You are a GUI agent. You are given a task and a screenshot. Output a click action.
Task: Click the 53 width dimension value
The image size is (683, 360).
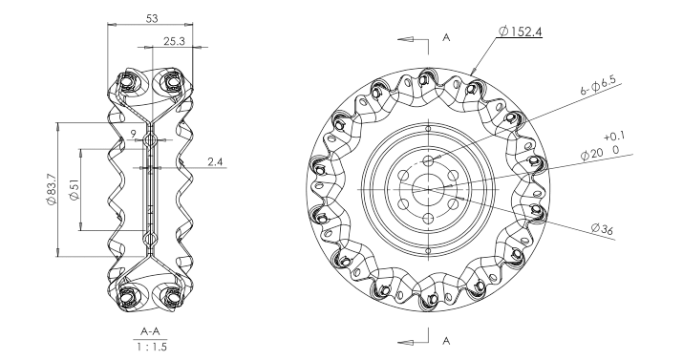[x=152, y=18]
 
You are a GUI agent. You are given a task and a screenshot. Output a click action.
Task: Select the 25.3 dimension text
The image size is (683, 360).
[x=174, y=41]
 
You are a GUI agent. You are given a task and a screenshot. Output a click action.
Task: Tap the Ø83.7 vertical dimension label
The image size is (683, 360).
[x=51, y=189]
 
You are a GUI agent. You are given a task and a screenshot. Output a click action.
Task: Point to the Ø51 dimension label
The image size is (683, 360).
[x=75, y=190]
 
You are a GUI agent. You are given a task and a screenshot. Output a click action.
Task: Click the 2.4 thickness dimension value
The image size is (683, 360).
[x=216, y=162]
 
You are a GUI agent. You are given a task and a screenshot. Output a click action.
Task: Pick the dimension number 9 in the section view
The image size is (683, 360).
[x=134, y=134]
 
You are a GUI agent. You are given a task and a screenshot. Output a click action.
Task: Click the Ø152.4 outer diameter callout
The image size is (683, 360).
[x=520, y=32]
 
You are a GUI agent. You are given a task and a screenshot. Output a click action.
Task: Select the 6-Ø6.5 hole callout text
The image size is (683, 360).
[x=601, y=84]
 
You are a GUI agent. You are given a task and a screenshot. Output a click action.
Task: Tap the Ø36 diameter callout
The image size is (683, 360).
[x=603, y=229]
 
